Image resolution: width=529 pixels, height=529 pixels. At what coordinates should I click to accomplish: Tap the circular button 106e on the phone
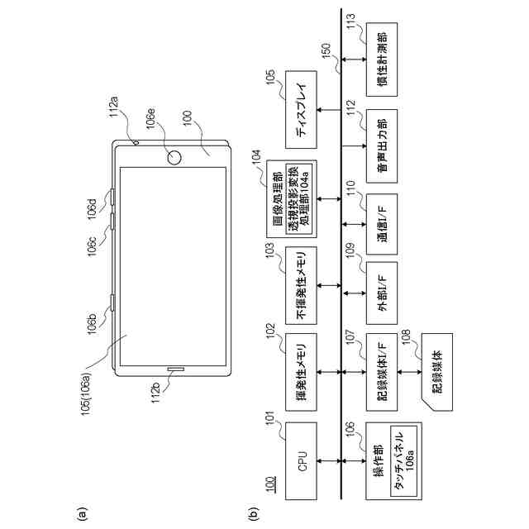(x=174, y=156)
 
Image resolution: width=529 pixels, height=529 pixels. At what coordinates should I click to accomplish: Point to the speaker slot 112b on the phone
(x=174, y=369)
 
